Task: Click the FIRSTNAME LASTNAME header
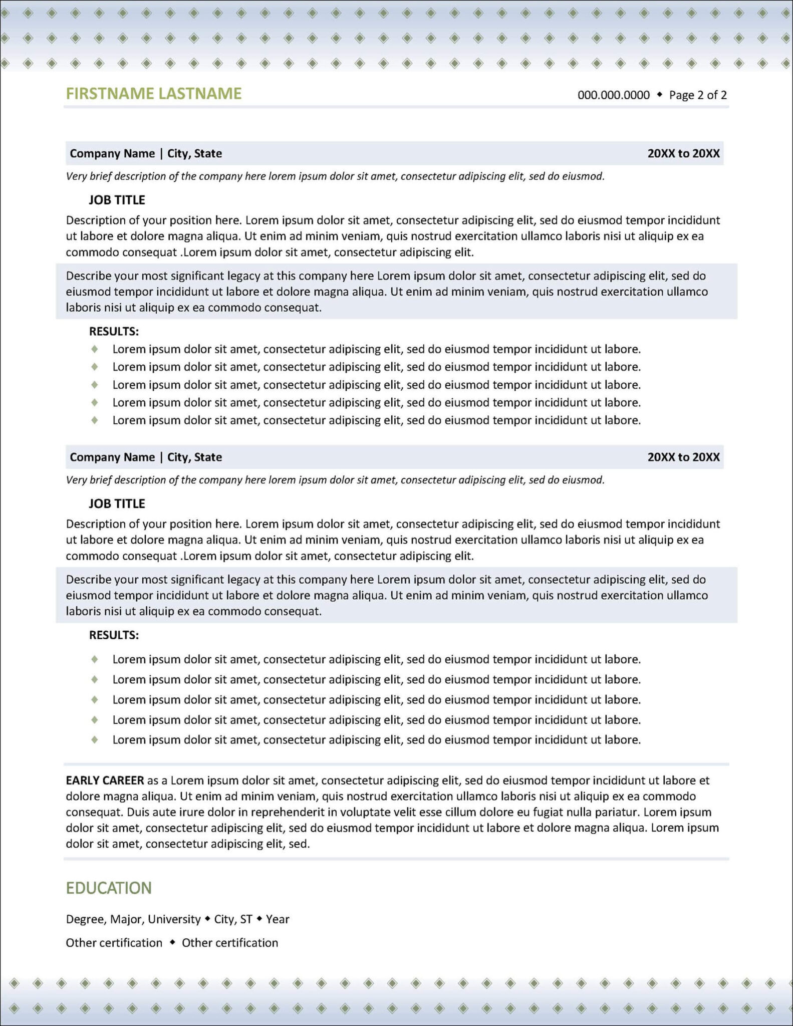(x=154, y=94)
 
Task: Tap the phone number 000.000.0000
(x=613, y=95)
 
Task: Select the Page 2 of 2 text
(x=698, y=95)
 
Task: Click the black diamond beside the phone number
(x=659, y=94)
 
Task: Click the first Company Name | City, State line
(x=146, y=153)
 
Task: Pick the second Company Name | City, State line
(x=146, y=457)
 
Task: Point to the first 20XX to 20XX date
(x=683, y=153)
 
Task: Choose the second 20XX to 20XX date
(x=683, y=457)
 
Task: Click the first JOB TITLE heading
(x=117, y=200)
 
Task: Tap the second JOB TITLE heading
(x=117, y=503)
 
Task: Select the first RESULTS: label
(x=114, y=331)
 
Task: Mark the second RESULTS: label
(x=114, y=635)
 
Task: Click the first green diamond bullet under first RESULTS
(x=94, y=349)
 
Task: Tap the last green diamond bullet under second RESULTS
(x=94, y=739)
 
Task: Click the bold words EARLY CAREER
(x=105, y=780)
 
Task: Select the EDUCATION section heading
(x=109, y=888)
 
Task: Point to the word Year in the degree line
(x=278, y=919)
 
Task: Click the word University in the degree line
(x=174, y=919)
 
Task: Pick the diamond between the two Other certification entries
(x=172, y=942)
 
